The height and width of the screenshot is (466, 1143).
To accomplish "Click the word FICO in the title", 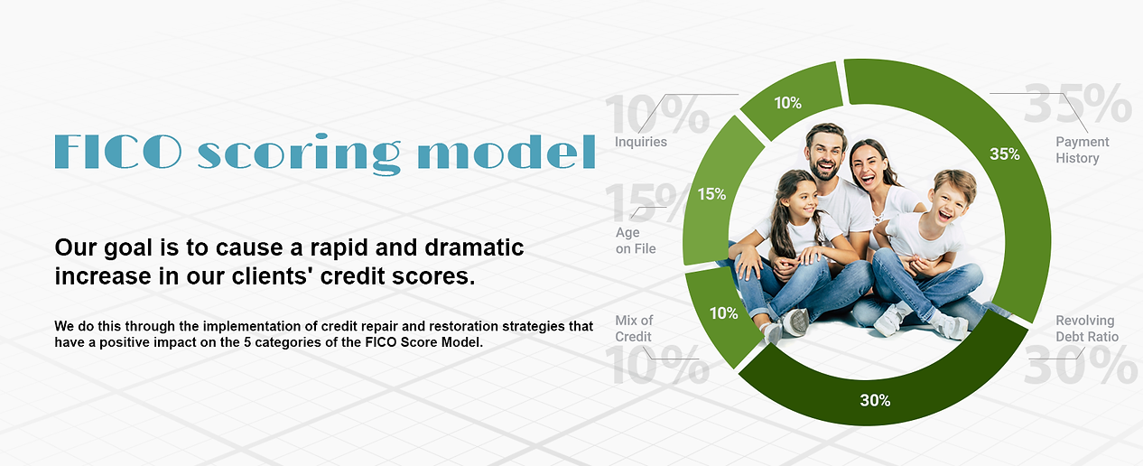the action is click(118, 151).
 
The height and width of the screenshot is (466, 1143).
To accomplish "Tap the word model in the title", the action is click(506, 151).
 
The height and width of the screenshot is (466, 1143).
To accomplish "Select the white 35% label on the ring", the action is click(1004, 154).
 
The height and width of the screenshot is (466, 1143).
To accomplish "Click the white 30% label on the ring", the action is click(875, 400).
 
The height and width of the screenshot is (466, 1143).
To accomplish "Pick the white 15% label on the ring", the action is click(711, 194).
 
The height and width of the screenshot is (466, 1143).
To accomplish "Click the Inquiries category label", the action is click(640, 142).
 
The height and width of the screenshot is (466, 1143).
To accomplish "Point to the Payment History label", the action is click(1082, 150).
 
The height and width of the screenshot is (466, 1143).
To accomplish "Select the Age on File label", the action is click(636, 240).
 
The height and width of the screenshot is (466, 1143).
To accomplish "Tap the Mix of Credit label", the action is click(634, 328).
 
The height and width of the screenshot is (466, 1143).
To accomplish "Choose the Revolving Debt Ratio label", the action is click(1087, 328).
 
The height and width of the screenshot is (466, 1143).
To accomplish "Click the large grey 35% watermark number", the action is click(1078, 104).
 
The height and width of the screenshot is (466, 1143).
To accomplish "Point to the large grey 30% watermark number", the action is click(1080, 365).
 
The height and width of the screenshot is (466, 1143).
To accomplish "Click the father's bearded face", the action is click(824, 154).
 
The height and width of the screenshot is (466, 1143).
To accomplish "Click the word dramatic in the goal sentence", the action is click(474, 247).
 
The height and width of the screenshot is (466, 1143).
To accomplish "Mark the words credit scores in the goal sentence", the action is click(397, 276).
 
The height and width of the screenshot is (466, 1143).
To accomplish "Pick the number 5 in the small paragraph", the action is click(247, 342).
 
